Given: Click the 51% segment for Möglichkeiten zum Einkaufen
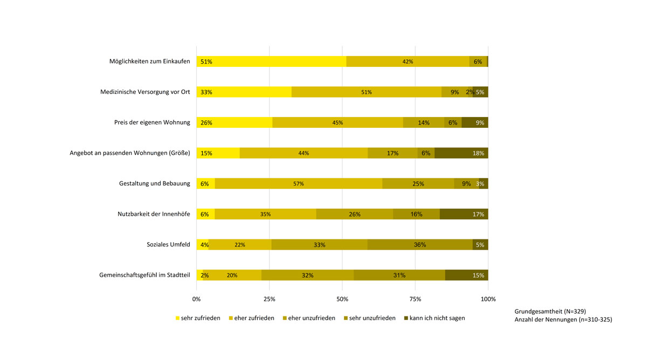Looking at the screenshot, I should (271, 61).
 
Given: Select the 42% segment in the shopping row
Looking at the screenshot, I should (408, 61).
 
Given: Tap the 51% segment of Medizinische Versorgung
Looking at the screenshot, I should (366, 92).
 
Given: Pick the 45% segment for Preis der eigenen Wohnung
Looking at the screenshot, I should (338, 122).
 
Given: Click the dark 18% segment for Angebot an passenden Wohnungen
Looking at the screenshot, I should (461, 153).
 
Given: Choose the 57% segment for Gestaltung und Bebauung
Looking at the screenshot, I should (298, 183).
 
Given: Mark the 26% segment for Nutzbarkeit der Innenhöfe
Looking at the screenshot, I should (354, 214).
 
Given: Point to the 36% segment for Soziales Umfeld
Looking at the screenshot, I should (420, 244).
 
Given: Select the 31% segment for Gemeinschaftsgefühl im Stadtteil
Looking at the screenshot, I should (399, 275).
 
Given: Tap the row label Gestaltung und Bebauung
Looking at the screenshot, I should (154, 183).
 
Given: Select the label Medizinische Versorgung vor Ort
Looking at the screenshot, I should (145, 92).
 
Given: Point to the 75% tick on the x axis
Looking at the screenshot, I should (415, 299).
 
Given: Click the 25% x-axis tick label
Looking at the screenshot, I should (270, 299).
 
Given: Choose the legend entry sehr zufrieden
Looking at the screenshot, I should (198, 318).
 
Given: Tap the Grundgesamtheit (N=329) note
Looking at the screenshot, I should (550, 311).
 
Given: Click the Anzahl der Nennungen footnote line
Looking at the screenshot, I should (563, 320).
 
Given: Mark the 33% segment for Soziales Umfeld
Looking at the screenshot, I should (319, 244).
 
